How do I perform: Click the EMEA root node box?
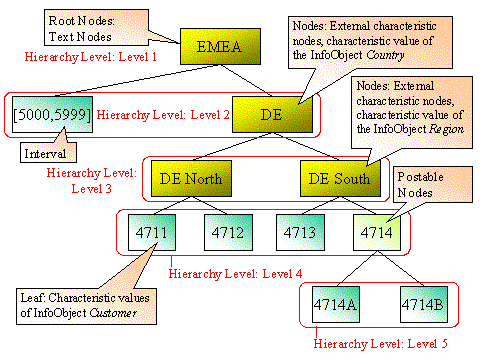click(218, 45)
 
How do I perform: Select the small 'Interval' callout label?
click(50, 154)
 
